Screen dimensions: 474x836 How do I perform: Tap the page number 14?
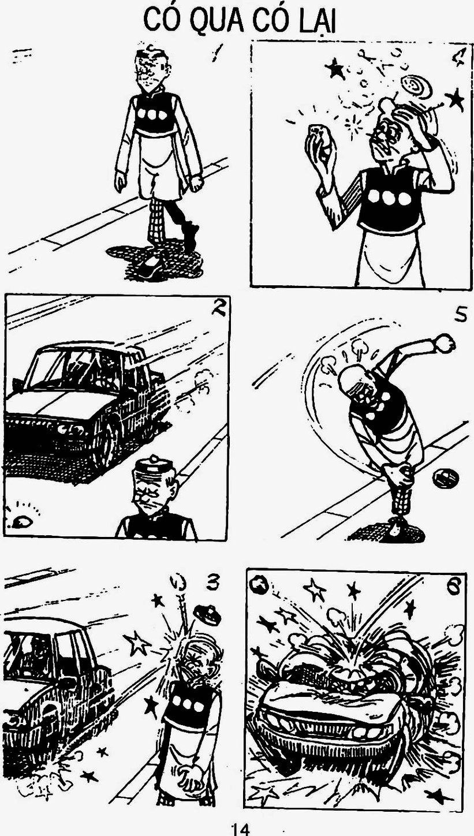point(241,829)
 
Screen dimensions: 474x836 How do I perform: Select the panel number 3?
point(212,583)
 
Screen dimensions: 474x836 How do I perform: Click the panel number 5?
point(460,315)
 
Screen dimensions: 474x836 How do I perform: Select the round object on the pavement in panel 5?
point(445,477)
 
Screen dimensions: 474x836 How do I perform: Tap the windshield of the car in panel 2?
point(80,368)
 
